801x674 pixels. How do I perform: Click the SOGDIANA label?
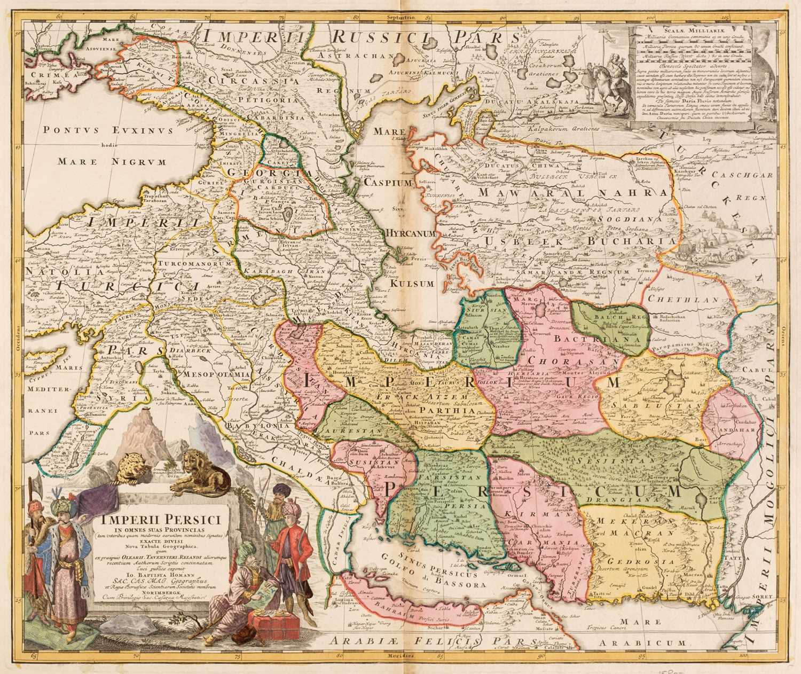(x=628, y=218)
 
